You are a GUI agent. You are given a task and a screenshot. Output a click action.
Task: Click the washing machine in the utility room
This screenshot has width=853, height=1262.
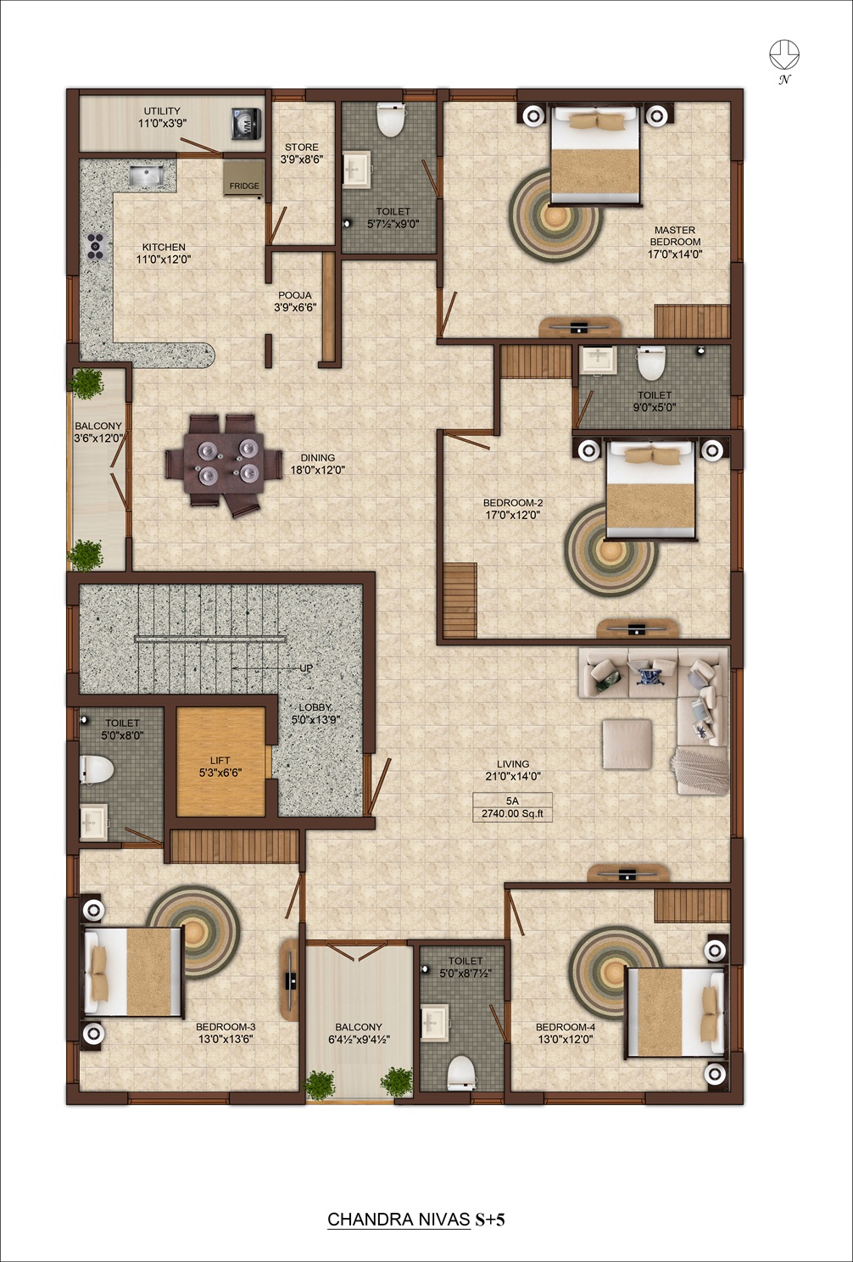247,123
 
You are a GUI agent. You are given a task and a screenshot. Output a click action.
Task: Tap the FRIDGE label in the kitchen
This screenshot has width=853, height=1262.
244,186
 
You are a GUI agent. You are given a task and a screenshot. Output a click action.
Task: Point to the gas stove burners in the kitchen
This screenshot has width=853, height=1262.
96,246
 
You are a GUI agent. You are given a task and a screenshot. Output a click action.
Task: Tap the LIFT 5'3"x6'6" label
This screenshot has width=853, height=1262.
220,767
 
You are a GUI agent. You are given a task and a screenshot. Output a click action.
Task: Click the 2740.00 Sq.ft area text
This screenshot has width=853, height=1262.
513,813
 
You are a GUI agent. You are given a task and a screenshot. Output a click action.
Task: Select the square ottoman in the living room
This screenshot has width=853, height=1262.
627,744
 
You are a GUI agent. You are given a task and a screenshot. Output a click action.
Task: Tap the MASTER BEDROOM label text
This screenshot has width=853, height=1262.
675,236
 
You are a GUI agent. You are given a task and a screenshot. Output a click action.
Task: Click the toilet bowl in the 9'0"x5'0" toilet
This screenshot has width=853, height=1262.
651,363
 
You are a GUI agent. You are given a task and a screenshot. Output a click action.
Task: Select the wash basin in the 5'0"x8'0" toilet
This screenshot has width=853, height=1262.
93,822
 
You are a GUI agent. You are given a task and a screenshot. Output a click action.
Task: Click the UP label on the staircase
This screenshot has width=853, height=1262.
306,668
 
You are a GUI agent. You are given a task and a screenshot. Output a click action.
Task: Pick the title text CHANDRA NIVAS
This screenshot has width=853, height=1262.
399,1220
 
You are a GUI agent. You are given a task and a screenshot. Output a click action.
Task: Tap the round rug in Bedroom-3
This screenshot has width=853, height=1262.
194,931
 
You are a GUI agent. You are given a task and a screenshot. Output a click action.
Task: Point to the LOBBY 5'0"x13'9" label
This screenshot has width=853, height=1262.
315,713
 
